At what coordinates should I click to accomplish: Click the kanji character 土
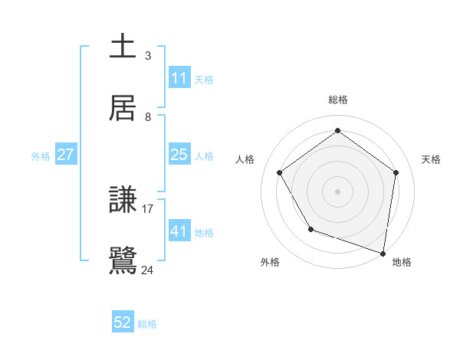pyautogui.click(x=123, y=46)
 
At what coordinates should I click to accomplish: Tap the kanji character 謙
pyautogui.click(x=123, y=201)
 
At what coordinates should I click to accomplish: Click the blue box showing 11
pyautogui.click(x=179, y=78)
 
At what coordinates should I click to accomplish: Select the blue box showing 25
pyautogui.click(x=179, y=155)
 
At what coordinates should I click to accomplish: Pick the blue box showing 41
pyautogui.click(x=179, y=231)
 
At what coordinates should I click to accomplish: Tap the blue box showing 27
pyautogui.click(x=65, y=155)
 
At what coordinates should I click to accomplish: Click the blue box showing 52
pyautogui.click(x=123, y=323)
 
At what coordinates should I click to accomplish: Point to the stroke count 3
pyautogui.click(x=148, y=56)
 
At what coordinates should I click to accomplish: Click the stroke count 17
pyautogui.click(x=148, y=208)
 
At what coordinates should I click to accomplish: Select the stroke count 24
pyautogui.click(x=148, y=270)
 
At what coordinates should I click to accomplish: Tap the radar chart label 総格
pyautogui.click(x=337, y=100)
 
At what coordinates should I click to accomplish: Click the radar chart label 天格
pyautogui.click(x=431, y=159)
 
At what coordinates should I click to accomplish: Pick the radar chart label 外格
pyautogui.click(x=270, y=263)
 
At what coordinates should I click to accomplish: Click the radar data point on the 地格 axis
pyautogui.click(x=383, y=253)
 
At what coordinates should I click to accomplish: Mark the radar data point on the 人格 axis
pyautogui.click(x=279, y=172)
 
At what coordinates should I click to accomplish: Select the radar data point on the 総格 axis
pyautogui.click(x=337, y=131)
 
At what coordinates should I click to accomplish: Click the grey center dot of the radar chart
pyautogui.click(x=337, y=191)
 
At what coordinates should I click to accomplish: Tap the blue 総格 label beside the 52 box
pyautogui.click(x=147, y=324)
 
